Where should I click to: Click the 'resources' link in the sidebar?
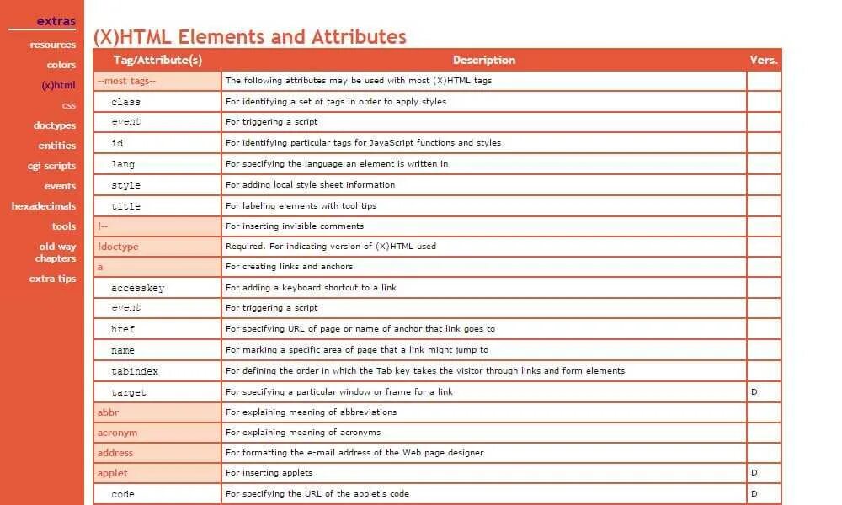click(x=53, y=45)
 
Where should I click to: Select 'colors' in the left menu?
click(x=61, y=65)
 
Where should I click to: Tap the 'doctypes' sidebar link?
click(x=55, y=125)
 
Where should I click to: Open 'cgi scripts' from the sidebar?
click(x=51, y=166)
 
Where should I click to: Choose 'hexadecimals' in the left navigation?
click(x=44, y=206)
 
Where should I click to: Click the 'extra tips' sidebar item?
click(x=52, y=279)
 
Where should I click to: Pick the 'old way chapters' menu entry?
click(x=56, y=252)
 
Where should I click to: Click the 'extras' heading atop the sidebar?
click(x=56, y=21)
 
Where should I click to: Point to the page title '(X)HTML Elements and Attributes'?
click(x=249, y=37)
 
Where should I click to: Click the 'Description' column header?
click(x=483, y=60)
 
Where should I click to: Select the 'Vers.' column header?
click(x=764, y=60)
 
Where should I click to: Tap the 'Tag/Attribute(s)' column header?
click(x=157, y=60)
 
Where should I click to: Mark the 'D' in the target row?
click(x=754, y=392)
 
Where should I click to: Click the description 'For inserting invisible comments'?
click(x=295, y=226)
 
